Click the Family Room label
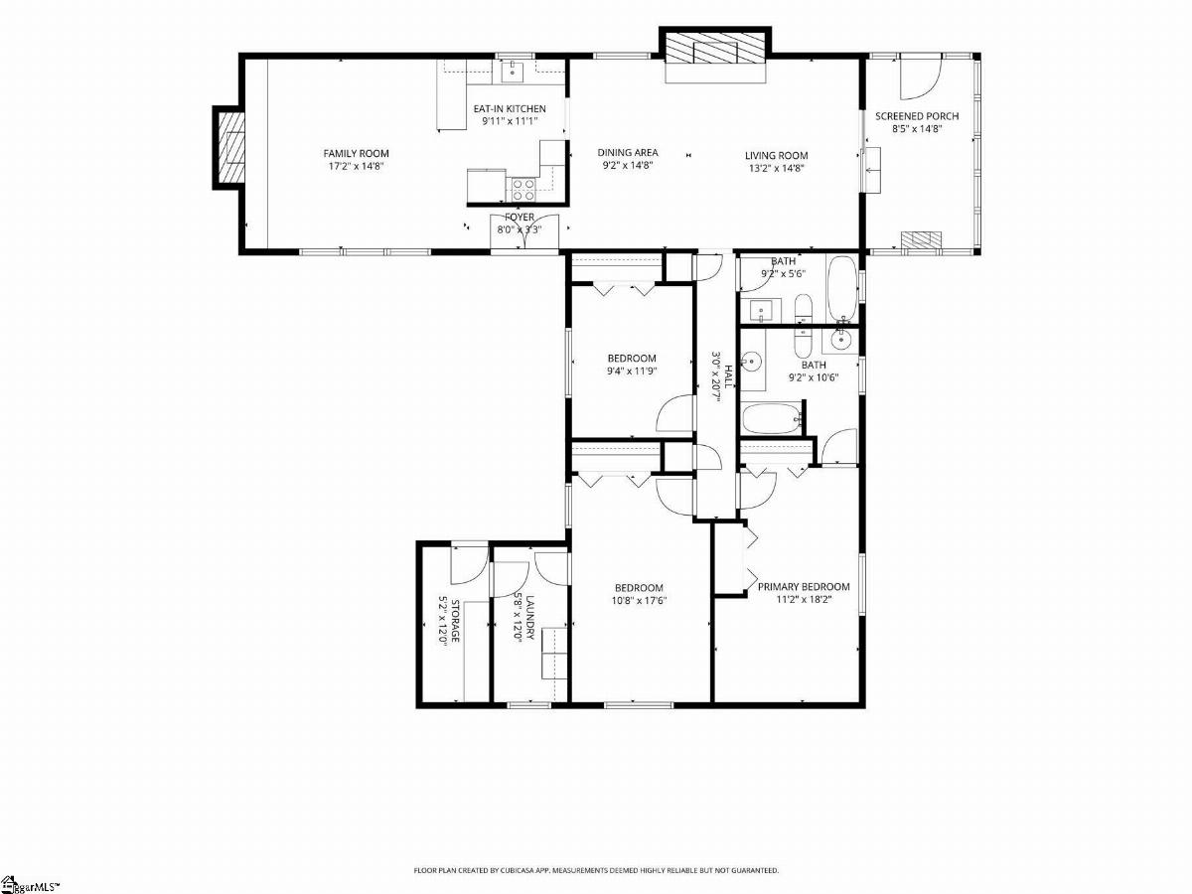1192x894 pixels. [x=357, y=154]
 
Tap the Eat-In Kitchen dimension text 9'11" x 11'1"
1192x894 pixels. [x=510, y=121]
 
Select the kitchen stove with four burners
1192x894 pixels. [x=522, y=190]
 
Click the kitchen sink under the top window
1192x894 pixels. [x=513, y=71]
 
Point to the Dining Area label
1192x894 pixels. [x=628, y=153]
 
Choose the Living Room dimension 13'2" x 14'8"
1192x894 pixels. [x=777, y=168]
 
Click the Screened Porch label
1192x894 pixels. [x=917, y=116]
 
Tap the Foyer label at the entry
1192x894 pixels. [x=520, y=218]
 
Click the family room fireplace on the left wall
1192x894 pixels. [x=229, y=147]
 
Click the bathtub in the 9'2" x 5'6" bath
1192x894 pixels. [x=841, y=288]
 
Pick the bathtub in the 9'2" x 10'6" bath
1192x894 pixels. [x=772, y=419]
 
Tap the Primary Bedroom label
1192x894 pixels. [x=804, y=587]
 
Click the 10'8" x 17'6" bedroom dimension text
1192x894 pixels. [x=639, y=601]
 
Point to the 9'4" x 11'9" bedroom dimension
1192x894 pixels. [x=632, y=372]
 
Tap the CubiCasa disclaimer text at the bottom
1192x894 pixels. [x=596, y=870]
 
